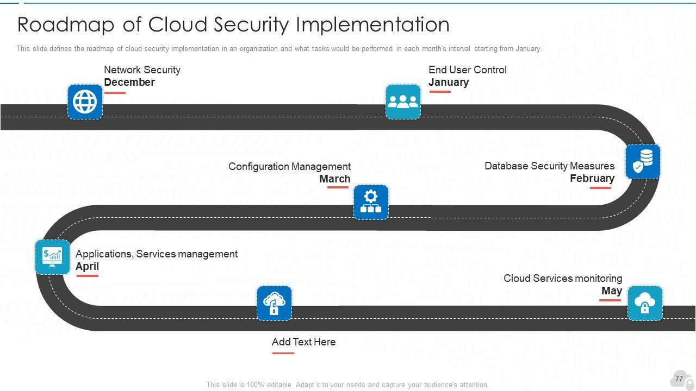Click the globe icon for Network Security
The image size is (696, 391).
85,102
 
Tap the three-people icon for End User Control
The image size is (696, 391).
403,102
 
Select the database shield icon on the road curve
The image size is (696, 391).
643,161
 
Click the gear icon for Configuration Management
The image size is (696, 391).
371,202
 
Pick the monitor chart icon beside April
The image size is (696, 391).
52,257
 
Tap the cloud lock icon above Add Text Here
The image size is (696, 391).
274,303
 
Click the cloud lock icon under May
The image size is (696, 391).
645,303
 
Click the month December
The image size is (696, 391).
129,83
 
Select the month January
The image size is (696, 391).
449,83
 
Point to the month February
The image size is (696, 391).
592,179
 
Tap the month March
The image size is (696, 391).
335,179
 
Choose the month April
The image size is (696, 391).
87,267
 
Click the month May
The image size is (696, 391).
612,291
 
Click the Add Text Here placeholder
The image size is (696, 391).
303,342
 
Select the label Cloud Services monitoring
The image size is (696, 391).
563,279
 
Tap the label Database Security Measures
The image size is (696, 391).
549,166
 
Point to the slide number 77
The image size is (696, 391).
679,379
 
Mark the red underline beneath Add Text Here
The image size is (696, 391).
283,353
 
